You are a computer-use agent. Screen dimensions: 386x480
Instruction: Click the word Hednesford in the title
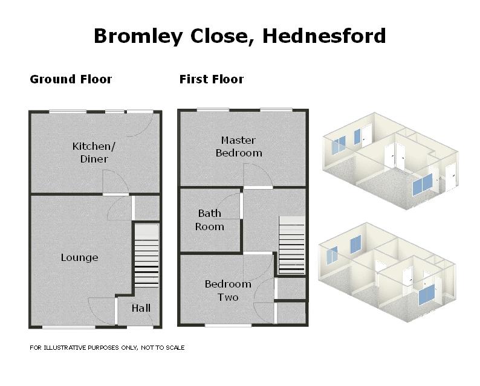point(324,36)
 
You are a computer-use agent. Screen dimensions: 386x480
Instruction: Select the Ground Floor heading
point(71,79)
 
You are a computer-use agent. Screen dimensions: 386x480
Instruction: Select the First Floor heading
point(212,79)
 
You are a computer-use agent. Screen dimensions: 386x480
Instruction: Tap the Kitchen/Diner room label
point(90,152)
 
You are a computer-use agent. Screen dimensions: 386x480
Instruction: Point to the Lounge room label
point(79,257)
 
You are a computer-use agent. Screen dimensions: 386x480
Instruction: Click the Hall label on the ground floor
point(141,308)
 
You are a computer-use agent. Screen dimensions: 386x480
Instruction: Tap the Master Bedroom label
point(239,146)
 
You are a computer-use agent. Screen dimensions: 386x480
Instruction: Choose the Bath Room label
point(210,220)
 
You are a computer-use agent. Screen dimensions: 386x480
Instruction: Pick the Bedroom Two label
point(228,291)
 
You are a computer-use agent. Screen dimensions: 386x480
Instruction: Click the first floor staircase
point(291,244)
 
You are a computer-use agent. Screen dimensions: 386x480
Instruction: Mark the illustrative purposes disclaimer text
point(107,348)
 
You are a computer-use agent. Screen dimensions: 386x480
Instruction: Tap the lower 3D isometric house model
point(387,271)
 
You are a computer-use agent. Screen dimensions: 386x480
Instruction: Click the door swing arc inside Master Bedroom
point(257,176)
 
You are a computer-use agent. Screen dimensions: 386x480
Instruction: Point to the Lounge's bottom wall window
point(68,327)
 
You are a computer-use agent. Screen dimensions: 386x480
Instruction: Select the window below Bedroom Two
point(228,325)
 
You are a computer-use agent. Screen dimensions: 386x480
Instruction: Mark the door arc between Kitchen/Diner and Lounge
point(115,182)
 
